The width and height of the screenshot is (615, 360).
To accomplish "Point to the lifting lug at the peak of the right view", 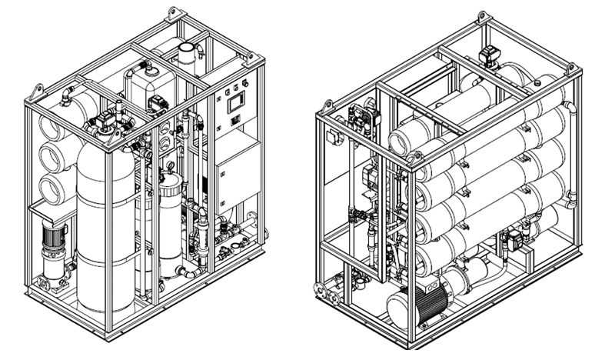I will coord(481,17).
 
